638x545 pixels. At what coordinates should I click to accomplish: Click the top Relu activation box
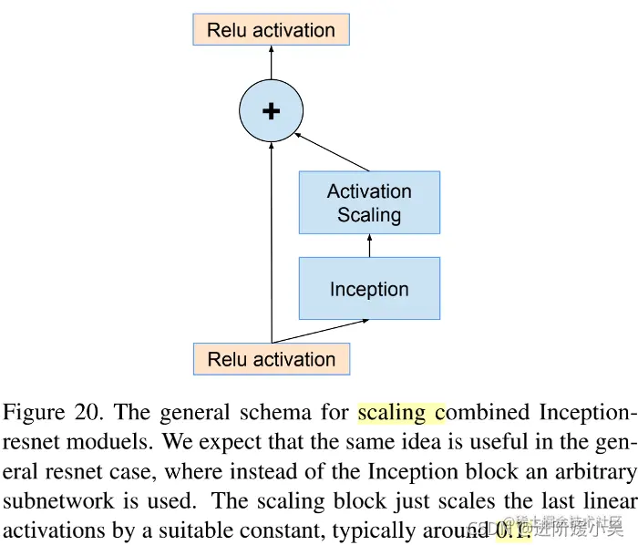tap(271, 29)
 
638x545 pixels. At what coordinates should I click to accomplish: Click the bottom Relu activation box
tap(271, 359)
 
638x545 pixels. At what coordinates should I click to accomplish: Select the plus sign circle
tap(271, 111)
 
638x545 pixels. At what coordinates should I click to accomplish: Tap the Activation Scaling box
tap(369, 202)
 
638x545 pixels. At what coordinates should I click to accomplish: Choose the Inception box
tap(369, 289)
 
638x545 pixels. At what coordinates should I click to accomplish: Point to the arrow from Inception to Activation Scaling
tap(369, 245)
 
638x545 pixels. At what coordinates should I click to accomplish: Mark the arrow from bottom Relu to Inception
tap(319, 330)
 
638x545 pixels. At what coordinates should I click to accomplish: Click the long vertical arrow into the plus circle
tap(271, 246)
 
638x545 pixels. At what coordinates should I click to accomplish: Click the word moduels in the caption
tap(91, 443)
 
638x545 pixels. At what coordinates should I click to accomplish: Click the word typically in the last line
tap(375, 530)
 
